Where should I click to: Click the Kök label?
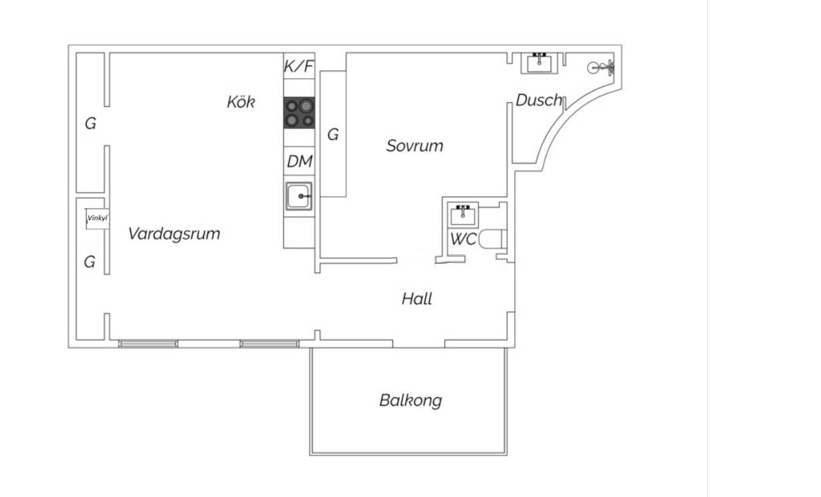[x=241, y=102]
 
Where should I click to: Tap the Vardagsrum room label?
[x=174, y=234]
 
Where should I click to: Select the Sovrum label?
[x=415, y=146]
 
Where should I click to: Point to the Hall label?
[x=417, y=298]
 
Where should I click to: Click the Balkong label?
[x=410, y=401]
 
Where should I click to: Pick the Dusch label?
[x=539, y=100]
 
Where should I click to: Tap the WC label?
[x=463, y=239]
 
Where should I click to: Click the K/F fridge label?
[x=299, y=66]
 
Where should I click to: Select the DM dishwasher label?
[x=300, y=161]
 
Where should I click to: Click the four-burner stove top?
[x=299, y=112]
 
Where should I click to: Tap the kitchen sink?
[x=299, y=196]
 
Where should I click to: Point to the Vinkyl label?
[x=98, y=218]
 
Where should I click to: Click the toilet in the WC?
[x=492, y=239]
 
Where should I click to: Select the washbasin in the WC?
[x=463, y=215]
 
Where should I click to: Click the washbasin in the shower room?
[x=539, y=63]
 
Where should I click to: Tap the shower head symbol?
[x=601, y=68]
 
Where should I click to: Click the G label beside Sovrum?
[x=333, y=134]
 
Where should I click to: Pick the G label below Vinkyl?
[x=90, y=262]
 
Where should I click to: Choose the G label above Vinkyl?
[x=90, y=124]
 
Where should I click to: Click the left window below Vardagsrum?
[x=148, y=344]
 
